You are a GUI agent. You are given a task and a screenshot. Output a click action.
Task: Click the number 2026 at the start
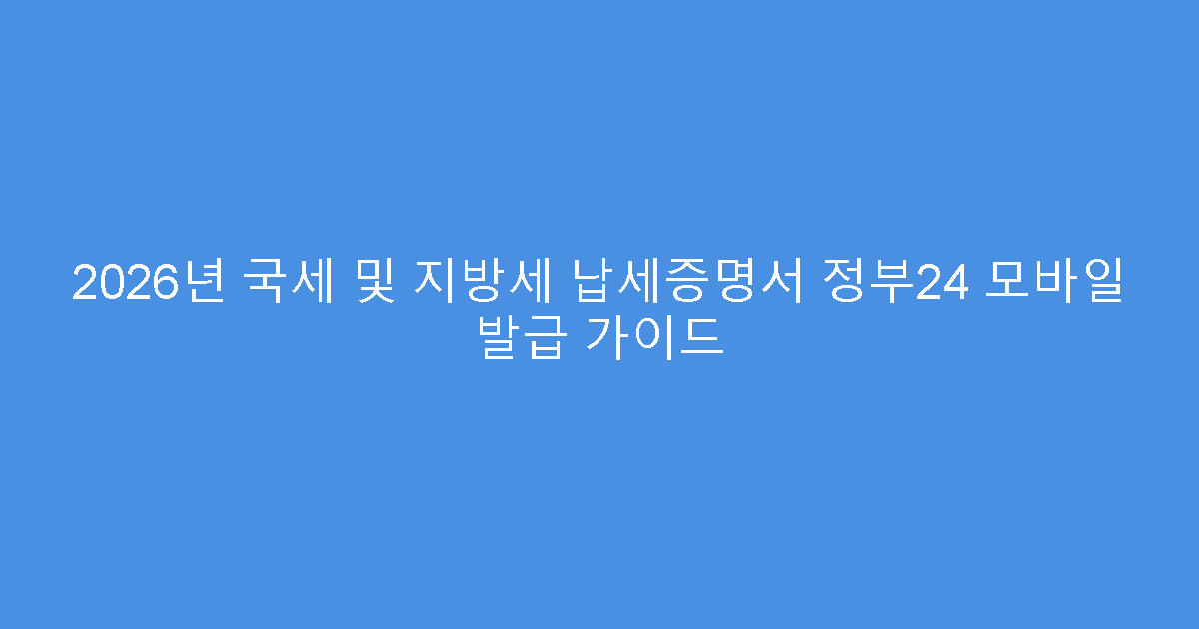click(x=118, y=284)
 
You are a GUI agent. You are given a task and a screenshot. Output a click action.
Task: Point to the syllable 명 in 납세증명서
click(x=716, y=284)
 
